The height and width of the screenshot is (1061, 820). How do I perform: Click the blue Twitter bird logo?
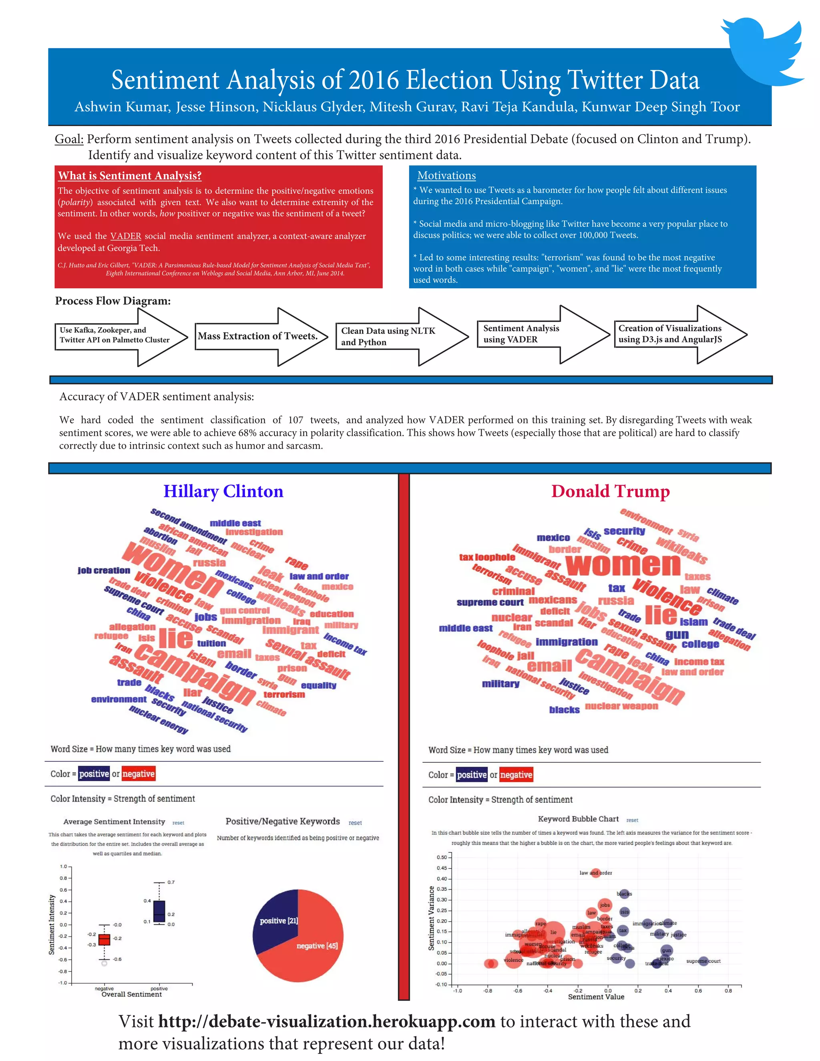point(765,51)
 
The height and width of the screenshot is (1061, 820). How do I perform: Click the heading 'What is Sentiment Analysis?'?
point(130,175)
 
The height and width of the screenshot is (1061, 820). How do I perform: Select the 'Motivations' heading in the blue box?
point(446,175)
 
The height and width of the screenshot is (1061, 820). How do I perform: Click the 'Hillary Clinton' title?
point(223,491)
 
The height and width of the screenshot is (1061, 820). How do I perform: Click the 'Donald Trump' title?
point(610,491)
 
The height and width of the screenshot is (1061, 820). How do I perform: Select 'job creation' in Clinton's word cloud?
point(104,570)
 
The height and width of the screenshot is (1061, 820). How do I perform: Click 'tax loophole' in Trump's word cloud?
point(487,557)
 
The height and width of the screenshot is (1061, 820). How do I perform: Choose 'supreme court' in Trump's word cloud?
point(490,603)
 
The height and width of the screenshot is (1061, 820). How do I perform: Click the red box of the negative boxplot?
point(104,940)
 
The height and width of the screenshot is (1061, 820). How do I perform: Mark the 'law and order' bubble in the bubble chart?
point(595,873)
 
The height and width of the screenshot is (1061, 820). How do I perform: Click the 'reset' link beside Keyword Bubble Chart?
point(632,820)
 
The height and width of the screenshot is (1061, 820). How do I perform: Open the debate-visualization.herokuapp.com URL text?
point(326,1022)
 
